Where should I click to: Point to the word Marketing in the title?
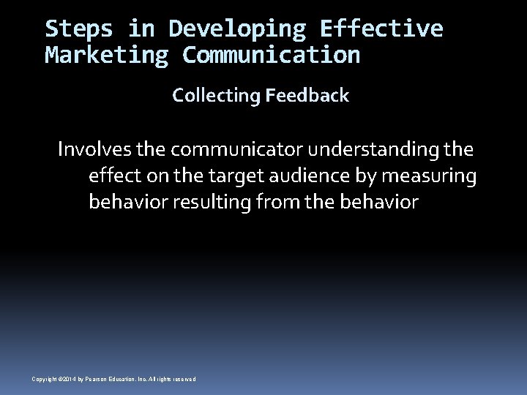(107, 55)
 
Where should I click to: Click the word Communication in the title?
(271, 55)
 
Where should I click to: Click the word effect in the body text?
(111, 176)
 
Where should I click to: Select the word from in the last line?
(277, 202)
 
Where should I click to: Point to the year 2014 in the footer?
(68, 379)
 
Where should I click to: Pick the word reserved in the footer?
(184, 379)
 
